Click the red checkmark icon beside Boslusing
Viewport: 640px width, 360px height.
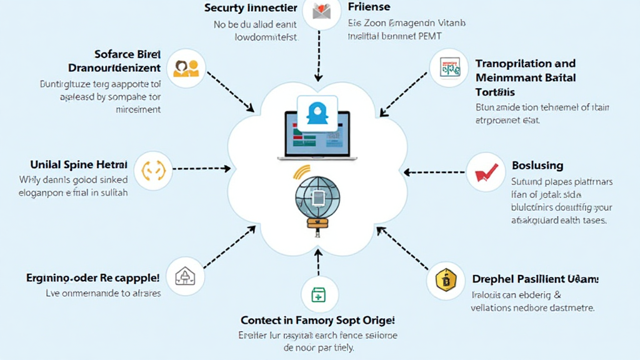[x=486, y=172]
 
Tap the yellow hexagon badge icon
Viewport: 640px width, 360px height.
[x=446, y=281]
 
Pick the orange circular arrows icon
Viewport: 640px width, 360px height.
[x=153, y=169]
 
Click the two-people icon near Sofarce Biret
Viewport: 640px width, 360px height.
[x=186, y=67]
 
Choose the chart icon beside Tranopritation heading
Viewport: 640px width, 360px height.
[x=449, y=67]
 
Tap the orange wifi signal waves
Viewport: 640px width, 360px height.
[x=301, y=173]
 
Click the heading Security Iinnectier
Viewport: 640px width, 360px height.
[x=250, y=8]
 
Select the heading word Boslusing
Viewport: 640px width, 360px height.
[x=537, y=166]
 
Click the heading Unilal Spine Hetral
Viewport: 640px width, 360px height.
[x=79, y=165]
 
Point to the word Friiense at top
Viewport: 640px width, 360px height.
[x=369, y=7]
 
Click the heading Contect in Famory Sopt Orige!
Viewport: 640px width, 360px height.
[x=318, y=320]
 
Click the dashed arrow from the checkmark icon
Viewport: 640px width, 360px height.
[x=434, y=171]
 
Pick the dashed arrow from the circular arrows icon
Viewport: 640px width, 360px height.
[x=199, y=169]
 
